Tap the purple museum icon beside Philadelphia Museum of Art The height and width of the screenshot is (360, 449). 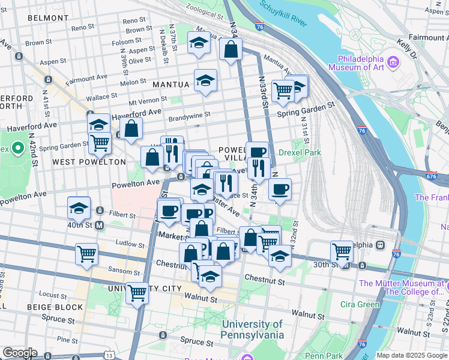[x=393, y=61]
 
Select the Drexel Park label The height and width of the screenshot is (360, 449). [x=300, y=152]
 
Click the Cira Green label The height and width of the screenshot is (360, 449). [x=361, y=304]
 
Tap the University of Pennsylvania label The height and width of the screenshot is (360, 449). [x=252, y=329]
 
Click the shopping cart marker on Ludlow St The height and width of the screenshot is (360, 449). [x=86, y=253]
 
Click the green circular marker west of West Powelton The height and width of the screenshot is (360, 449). [x=18, y=148]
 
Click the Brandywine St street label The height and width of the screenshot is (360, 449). [x=189, y=115]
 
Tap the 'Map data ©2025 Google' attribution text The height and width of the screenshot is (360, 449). [x=411, y=355]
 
